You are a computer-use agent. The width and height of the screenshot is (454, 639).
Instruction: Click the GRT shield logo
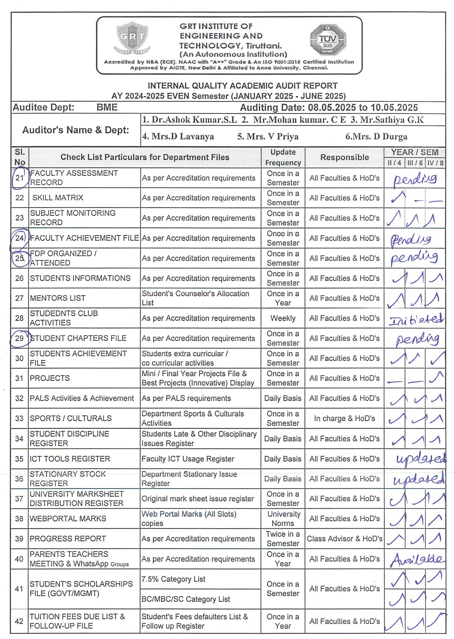tap(133, 38)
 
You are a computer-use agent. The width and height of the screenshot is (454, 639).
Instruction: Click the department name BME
tap(107, 107)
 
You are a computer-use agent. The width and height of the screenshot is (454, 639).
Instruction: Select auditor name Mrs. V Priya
tap(268, 136)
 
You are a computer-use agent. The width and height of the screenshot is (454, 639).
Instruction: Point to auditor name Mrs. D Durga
tap(376, 136)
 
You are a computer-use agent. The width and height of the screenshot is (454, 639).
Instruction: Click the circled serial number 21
tap(20, 177)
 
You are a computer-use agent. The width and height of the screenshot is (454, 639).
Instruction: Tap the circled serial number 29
tap(20, 338)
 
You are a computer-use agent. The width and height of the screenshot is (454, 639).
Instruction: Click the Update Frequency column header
tap(283, 157)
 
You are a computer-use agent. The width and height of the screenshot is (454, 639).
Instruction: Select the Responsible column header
tap(345, 157)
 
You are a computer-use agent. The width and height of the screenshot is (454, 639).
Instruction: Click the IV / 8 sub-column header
tap(435, 163)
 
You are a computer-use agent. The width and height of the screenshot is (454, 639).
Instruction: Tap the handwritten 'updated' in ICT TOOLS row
tap(421, 459)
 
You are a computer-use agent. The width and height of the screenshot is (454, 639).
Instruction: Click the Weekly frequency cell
tap(283, 318)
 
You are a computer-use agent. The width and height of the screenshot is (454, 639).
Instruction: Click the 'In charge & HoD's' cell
tap(345, 418)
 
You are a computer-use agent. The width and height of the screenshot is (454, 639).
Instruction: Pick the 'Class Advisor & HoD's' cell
tap(345, 539)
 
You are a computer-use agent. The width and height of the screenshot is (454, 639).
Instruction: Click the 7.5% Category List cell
tap(174, 579)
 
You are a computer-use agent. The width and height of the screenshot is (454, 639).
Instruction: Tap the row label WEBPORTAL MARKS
tap(68, 519)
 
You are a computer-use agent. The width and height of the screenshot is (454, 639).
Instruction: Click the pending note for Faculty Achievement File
tap(411, 239)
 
